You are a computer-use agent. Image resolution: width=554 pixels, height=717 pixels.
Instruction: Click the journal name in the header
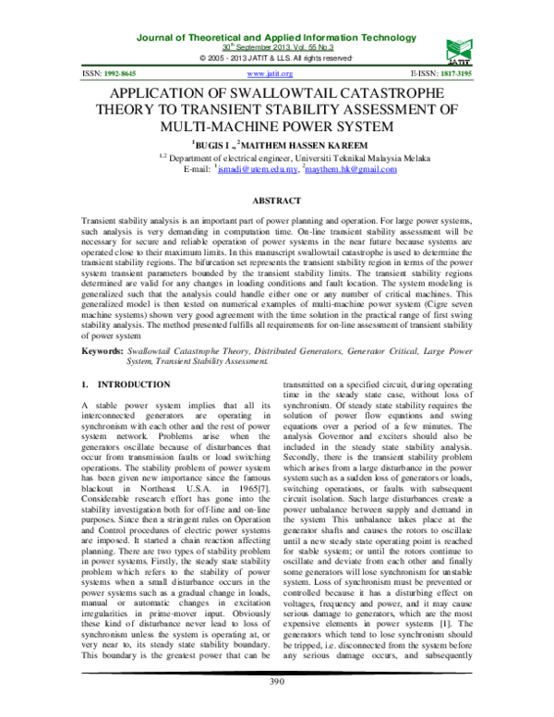coord(277,35)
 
